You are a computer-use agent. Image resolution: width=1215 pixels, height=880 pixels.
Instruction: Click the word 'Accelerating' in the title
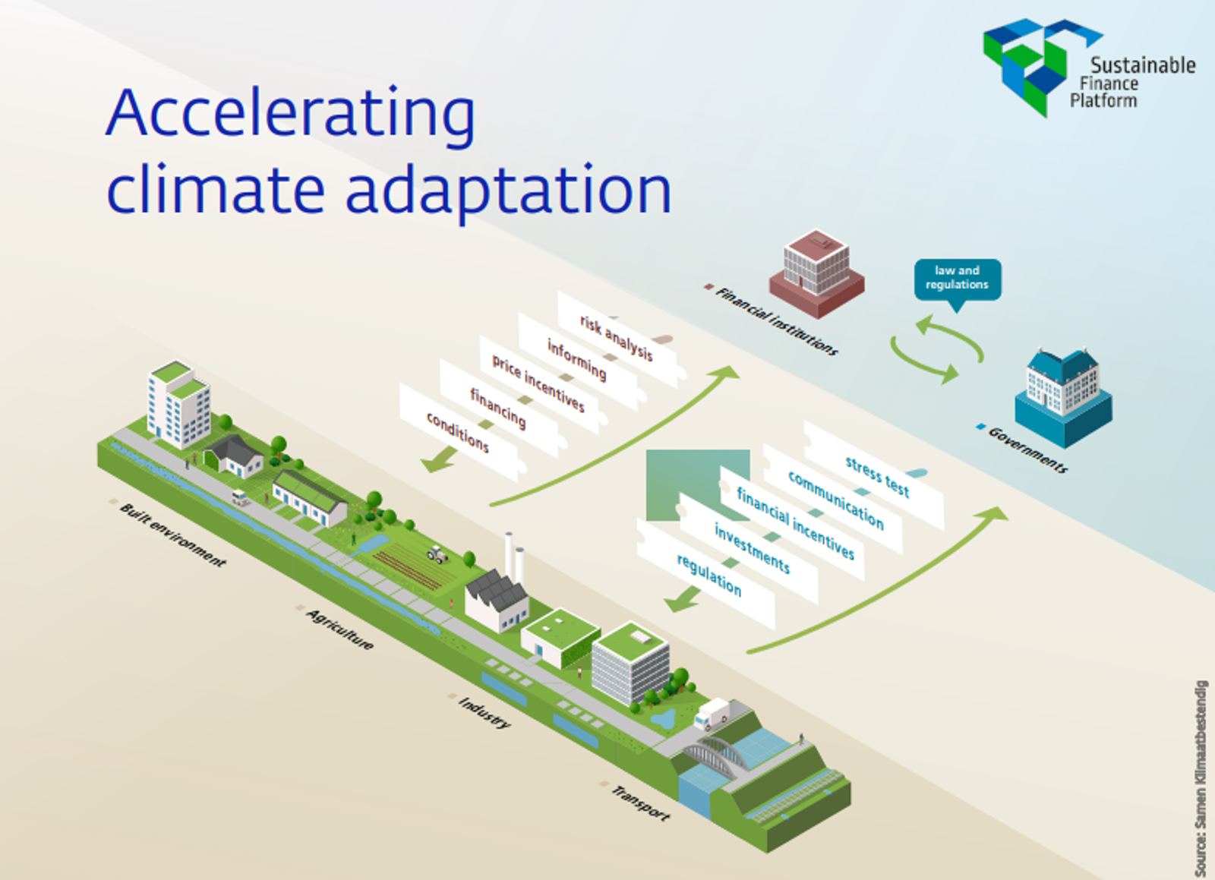291,114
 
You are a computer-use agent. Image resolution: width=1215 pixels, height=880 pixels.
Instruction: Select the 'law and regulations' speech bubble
957,278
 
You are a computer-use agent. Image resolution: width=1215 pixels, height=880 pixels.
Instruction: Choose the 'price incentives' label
538,383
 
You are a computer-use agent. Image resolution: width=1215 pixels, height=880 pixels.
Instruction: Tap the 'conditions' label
457,431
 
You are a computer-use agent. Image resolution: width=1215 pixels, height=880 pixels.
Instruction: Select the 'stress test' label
877,475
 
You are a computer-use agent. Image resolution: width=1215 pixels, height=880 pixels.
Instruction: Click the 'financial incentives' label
795,523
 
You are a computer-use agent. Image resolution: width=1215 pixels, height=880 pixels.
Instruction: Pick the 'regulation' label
708,574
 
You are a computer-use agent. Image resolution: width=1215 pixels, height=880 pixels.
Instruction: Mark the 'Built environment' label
173,535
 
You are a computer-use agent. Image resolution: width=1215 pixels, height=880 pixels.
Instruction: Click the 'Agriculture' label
339,629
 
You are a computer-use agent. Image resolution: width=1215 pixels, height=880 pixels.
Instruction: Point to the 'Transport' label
640,803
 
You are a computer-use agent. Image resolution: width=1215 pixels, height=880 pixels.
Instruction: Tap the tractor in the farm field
437,554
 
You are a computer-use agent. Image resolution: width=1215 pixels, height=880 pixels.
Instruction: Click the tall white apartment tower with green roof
178,404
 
